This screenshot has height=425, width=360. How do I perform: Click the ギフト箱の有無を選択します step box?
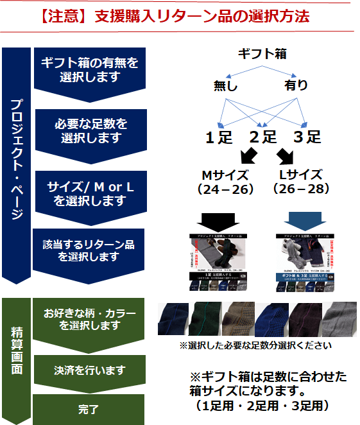coord(90,69)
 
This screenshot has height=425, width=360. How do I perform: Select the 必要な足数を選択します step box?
coord(90,130)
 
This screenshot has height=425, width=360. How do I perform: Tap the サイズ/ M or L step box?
coord(90,193)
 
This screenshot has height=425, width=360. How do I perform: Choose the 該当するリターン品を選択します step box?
coord(89,251)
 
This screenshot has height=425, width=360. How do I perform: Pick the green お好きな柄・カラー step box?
coord(90,319)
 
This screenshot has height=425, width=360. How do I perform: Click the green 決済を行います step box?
coord(90,370)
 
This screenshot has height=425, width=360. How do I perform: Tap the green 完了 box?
coord(90,408)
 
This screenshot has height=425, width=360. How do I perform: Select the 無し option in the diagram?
coord(226,85)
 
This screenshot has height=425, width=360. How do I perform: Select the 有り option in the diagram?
coord(296,85)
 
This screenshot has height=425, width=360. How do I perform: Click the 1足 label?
coord(219,137)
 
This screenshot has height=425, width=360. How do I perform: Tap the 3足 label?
coord(307,137)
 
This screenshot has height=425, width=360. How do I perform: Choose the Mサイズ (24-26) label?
coord(227,182)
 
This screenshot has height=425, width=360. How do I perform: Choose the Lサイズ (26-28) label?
coord(300,182)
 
